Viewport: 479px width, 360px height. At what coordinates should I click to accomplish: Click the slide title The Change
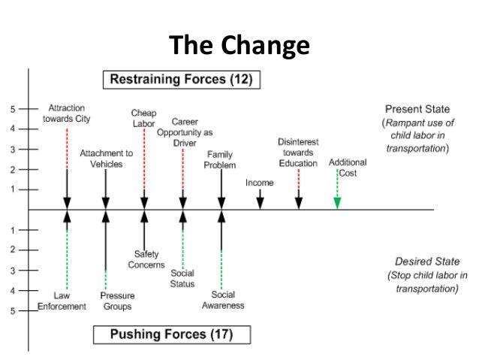pos(239,46)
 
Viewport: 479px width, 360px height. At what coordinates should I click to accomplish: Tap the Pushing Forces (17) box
pos(172,333)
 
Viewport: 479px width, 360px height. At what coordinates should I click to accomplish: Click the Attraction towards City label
pos(67,114)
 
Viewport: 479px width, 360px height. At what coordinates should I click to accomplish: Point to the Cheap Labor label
pos(143,119)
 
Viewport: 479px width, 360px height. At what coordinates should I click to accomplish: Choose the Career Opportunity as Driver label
pos(184,132)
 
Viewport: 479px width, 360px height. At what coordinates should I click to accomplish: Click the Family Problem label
pos(221,159)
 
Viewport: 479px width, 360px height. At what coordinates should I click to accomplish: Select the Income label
pos(259,183)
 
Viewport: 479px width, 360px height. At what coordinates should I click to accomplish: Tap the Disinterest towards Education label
pos(298,152)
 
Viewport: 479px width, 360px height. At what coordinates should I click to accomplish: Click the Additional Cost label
pos(348,168)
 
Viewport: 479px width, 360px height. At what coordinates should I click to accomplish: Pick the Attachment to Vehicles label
pos(106,159)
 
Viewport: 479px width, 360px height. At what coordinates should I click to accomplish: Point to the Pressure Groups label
pos(116,301)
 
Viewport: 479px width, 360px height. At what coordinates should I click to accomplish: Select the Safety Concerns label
pos(146,259)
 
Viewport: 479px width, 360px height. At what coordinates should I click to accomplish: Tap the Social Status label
pos(182,278)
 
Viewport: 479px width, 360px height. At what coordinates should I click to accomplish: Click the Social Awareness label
pos(223,300)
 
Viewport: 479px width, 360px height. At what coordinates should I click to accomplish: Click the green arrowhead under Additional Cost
pos(337,202)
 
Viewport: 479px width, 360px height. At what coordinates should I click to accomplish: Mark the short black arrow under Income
pos(260,200)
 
